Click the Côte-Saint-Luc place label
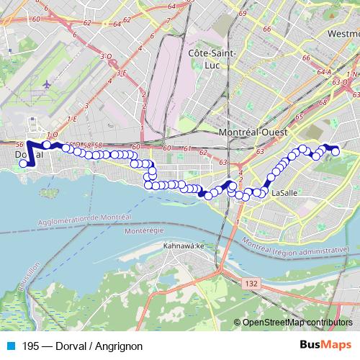coord(209,58)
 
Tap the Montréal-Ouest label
coord(253,134)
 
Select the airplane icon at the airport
coord(48,85)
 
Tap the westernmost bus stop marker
coord(23,163)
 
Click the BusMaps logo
coord(326,346)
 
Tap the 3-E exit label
coord(122,72)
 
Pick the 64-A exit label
coord(323,72)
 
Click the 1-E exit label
coord(71,119)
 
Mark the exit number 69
coord(243,14)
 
